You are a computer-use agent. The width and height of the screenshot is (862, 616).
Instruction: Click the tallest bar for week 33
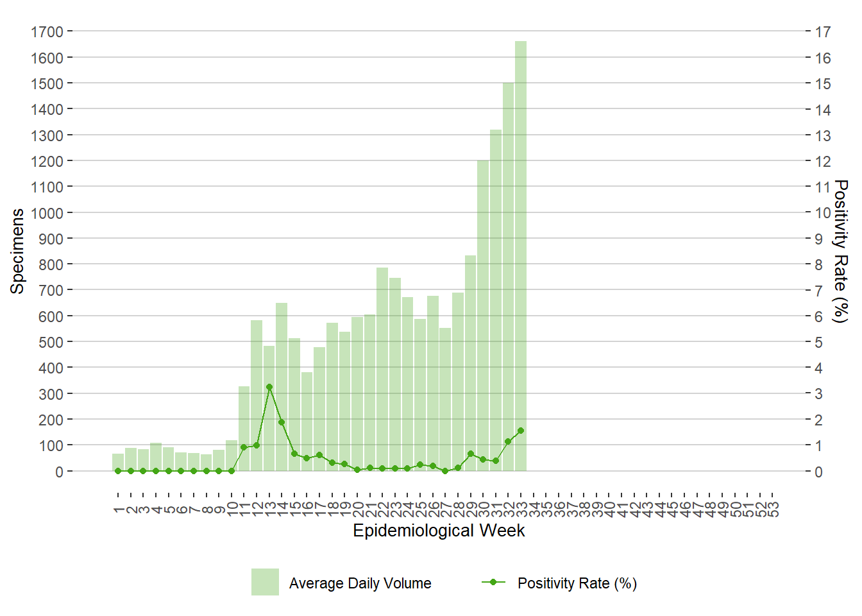point(521,257)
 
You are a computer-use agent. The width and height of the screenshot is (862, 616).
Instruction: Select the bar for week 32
point(508,276)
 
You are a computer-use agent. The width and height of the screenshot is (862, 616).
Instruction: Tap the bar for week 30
point(483,314)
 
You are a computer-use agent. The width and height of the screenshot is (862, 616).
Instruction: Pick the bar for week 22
point(382,369)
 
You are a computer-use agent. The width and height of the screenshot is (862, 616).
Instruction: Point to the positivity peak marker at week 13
point(269,387)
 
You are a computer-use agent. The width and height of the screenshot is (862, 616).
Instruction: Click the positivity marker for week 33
point(521,431)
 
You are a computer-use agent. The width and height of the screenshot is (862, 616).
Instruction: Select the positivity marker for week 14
point(282,422)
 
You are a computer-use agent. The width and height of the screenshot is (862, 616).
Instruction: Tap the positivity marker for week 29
point(471,454)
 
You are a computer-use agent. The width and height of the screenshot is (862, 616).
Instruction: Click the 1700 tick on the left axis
point(47,31)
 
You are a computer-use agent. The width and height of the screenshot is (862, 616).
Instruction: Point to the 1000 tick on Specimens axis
point(47,213)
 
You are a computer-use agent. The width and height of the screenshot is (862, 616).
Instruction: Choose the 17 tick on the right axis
point(823,31)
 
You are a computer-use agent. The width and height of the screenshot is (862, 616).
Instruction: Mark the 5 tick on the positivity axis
point(818,342)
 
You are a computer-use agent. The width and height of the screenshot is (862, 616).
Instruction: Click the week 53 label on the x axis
point(773,509)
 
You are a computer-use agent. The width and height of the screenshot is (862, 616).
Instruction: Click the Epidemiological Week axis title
point(439,531)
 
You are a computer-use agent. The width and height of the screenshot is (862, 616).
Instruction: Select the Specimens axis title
point(17,251)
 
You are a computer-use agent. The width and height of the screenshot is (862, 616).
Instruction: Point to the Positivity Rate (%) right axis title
point(840,251)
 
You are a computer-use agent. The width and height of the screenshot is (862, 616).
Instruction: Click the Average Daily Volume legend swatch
point(265,582)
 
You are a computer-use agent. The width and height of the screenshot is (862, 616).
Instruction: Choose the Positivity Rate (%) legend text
point(577,583)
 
